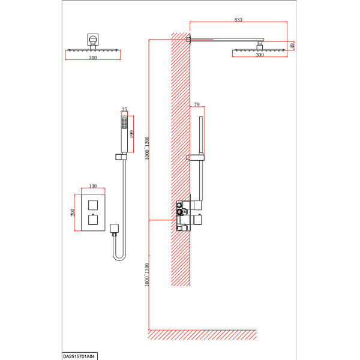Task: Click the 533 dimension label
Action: (238, 20)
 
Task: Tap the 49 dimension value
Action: (292, 46)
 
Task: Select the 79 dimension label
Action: (197, 104)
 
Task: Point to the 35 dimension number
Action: (124, 109)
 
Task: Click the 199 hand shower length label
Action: (131, 134)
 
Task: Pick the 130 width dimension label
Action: (93, 186)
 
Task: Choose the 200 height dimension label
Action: (73, 212)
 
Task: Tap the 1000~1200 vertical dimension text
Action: (147, 148)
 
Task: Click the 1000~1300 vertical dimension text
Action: (147, 275)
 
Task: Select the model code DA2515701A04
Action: (79, 356)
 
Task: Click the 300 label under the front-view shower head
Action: (93, 58)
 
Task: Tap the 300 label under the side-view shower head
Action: (260, 55)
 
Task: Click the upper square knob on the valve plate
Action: (93, 205)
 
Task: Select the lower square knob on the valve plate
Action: (93, 220)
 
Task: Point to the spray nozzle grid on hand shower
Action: (124, 123)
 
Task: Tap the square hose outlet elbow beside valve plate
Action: (115, 228)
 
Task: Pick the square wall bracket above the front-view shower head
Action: (93, 39)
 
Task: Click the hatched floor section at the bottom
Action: (202, 335)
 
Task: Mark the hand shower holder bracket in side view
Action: (195, 157)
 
